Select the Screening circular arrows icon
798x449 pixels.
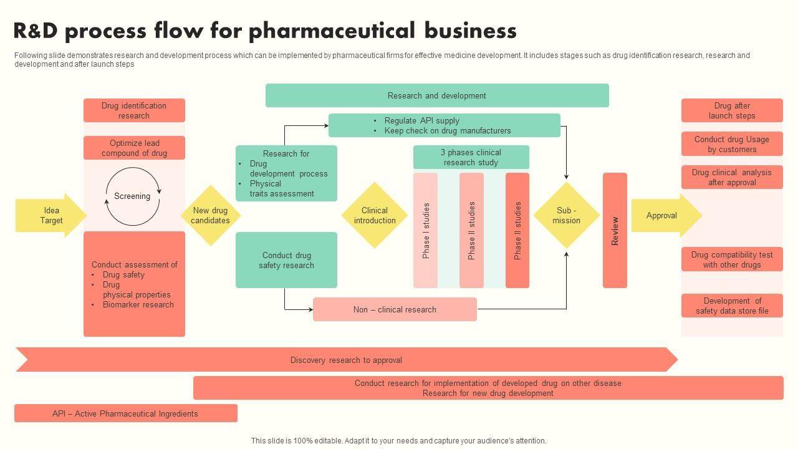coord(133,196)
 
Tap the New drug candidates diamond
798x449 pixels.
coord(211,215)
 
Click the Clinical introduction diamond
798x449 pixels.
coord(375,215)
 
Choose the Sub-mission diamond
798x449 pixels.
coord(566,215)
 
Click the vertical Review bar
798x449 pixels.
coord(615,230)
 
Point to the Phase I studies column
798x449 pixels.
coord(426,230)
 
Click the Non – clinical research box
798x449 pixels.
coord(395,309)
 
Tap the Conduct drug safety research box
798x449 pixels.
coord(286,260)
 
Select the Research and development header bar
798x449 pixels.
coord(437,95)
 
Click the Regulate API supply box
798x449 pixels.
coord(444,125)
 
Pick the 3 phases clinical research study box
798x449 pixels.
coord(471,157)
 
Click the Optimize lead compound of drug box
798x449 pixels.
coord(134,148)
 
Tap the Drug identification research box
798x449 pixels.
coord(134,110)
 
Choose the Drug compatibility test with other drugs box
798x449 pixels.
coord(732,259)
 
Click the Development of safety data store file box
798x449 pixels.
coord(732,306)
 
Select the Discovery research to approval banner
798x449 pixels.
coord(346,360)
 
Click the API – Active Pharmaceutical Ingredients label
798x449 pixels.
coord(125,413)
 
